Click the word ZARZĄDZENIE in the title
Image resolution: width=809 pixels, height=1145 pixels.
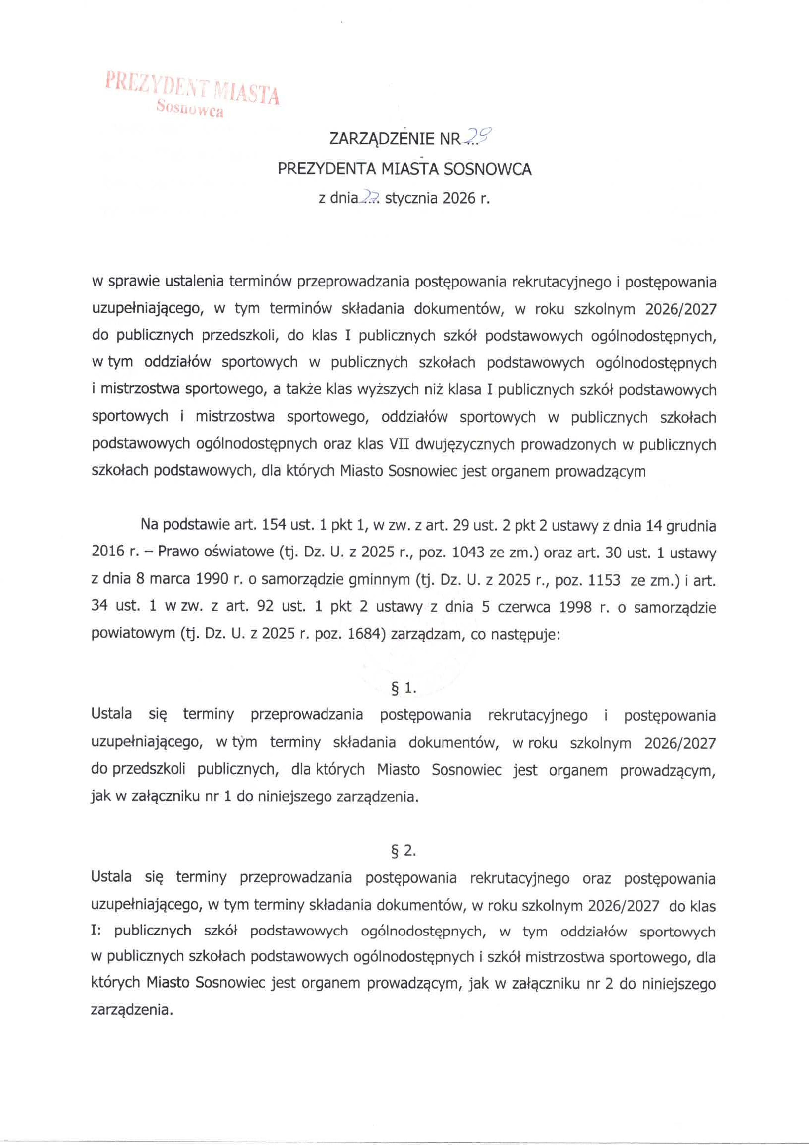pos(382,140)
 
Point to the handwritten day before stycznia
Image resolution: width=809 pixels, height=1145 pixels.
pos(369,199)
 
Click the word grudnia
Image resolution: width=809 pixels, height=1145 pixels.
pos(692,526)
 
